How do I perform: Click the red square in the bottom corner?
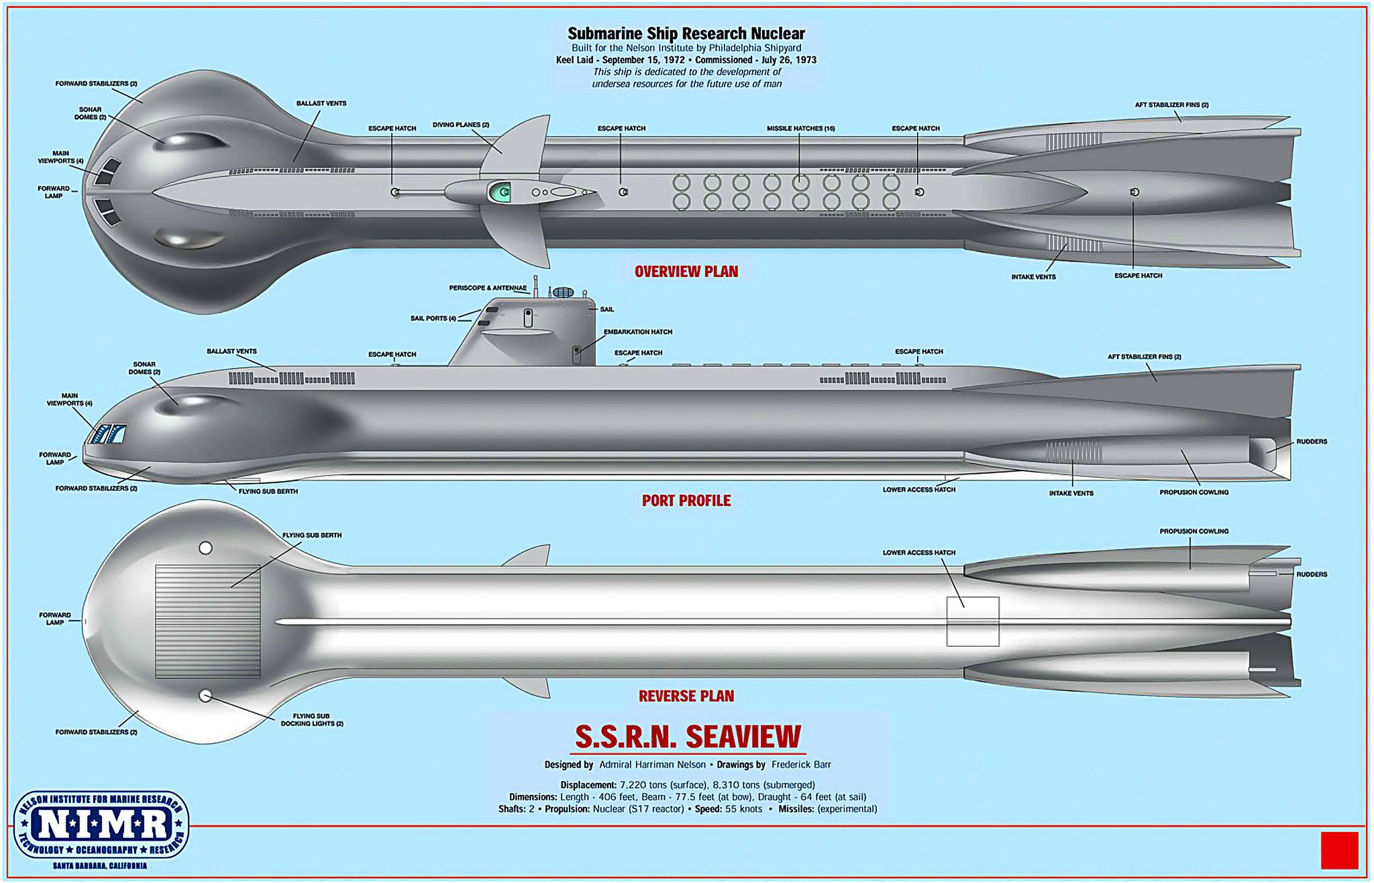(1339, 850)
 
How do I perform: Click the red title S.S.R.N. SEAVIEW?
(688, 737)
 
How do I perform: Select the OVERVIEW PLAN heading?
(686, 272)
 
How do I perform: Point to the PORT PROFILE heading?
(686, 501)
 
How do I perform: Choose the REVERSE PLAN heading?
(686, 696)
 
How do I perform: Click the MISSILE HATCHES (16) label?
(800, 128)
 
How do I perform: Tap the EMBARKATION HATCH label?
(637, 332)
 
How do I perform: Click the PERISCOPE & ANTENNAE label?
(488, 288)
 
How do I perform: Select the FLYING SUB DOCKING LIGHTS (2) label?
(312, 720)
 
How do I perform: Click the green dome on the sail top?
(498, 193)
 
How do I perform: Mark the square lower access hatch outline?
(973, 621)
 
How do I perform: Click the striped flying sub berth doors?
(208, 621)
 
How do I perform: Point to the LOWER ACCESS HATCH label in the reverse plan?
(919, 553)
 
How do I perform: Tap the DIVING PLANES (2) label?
(460, 125)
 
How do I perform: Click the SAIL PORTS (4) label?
(433, 318)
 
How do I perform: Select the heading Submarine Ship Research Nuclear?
(686, 34)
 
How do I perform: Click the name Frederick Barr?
(801, 764)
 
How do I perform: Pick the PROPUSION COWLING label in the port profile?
(1194, 492)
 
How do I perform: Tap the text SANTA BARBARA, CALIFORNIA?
(100, 866)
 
